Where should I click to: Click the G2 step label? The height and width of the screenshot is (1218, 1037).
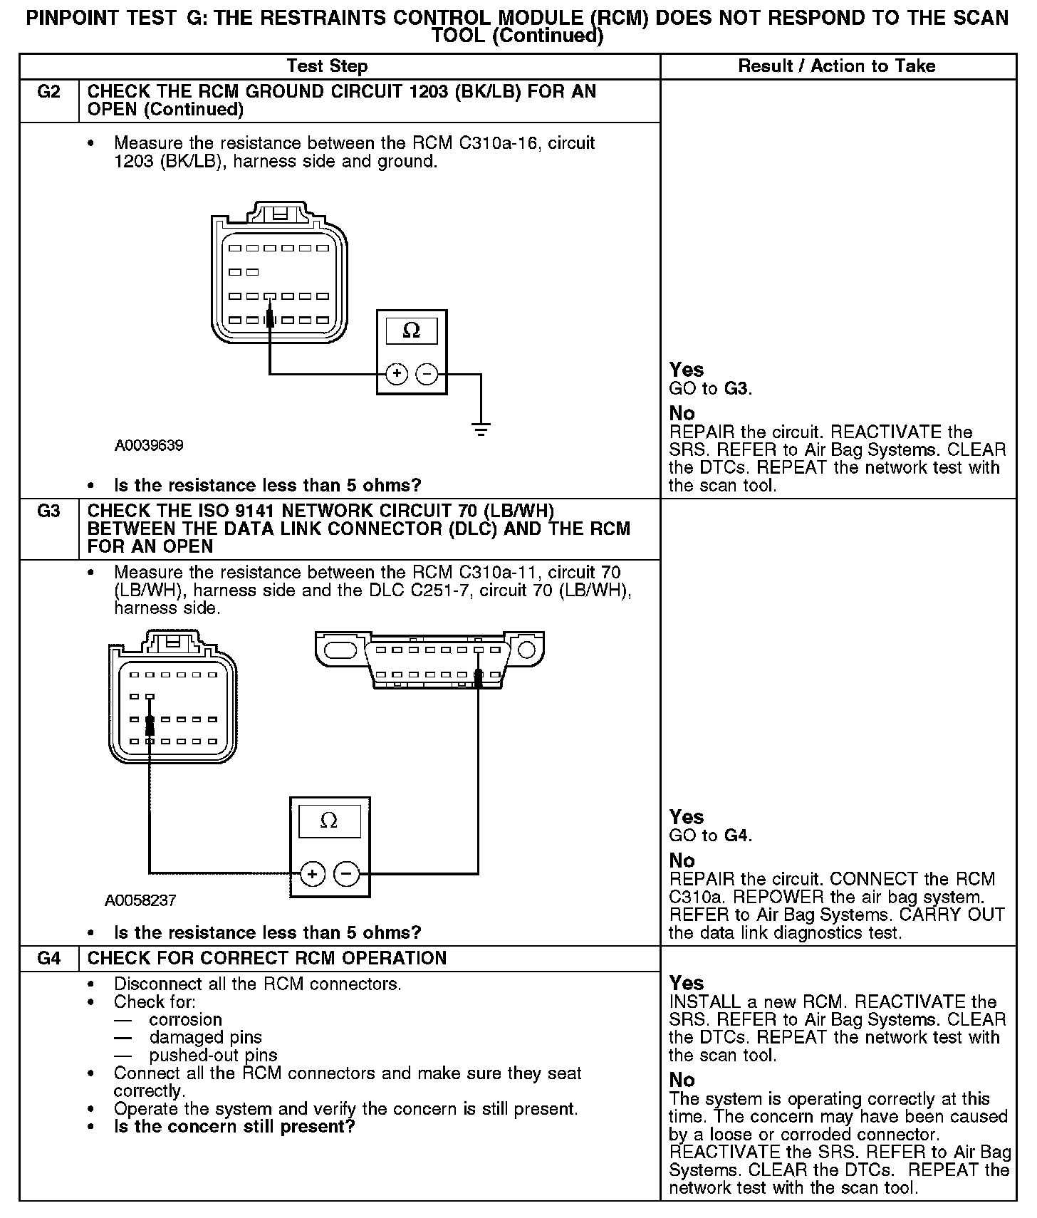(48, 92)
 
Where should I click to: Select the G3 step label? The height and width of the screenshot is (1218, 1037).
(48, 511)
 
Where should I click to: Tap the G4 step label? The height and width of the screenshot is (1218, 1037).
(48, 958)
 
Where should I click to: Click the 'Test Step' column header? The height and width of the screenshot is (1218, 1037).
(327, 66)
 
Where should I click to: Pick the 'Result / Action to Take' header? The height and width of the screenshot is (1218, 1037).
(837, 66)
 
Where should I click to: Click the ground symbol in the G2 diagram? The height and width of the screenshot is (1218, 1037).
(481, 429)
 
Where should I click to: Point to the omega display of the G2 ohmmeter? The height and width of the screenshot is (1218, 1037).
(412, 331)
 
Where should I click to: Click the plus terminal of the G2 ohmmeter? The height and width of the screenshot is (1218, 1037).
(397, 373)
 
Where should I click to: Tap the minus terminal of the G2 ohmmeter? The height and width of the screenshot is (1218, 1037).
(427, 373)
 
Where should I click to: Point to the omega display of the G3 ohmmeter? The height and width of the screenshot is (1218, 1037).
(329, 822)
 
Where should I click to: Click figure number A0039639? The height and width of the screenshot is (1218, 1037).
(149, 446)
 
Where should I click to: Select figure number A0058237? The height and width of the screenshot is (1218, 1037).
(140, 900)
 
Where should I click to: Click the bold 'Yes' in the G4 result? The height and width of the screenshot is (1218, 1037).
(687, 984)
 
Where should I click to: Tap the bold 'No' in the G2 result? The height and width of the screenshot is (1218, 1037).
(682, 414)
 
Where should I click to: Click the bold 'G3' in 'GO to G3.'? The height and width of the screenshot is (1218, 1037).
(736, 389)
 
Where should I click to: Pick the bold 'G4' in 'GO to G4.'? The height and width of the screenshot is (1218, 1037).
(736, 836)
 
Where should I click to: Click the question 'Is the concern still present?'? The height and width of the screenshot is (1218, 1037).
(234, 1127)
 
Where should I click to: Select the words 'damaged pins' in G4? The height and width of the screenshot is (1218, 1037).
(205, 1038)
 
